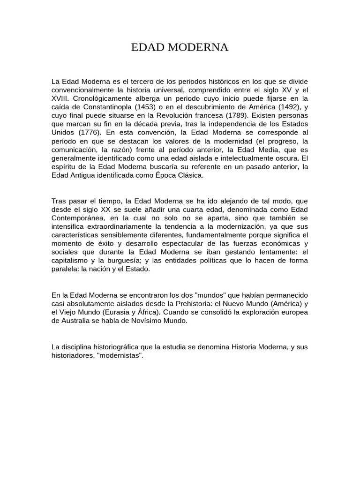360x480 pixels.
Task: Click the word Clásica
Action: point(191,175)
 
